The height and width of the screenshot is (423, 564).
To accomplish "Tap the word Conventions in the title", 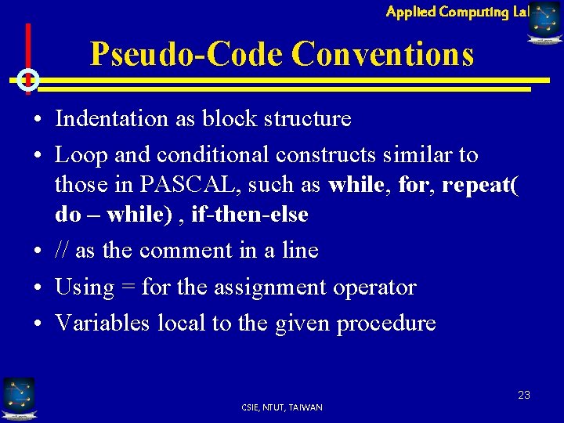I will point(382,55).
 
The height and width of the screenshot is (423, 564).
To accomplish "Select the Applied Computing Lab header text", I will point(457,11).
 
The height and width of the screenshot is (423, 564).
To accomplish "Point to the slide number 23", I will point(523,395).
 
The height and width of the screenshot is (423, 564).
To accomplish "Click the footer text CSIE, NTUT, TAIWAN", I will point(282,407).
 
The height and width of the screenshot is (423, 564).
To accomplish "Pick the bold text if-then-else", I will point(250,214).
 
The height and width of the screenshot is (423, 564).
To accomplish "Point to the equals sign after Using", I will point(128,287).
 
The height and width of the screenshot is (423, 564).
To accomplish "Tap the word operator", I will point(373,287).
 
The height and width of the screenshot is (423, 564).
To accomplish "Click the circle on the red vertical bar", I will point(27,79).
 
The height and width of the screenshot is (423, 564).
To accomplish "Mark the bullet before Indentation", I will point(38,120).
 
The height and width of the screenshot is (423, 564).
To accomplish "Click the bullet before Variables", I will point(38,324).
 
